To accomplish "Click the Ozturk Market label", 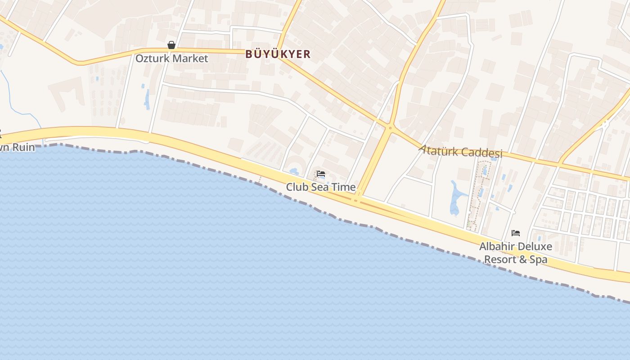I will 172,58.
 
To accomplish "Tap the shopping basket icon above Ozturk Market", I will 171,45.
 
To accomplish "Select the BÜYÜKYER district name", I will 278,54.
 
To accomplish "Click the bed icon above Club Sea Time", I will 321,174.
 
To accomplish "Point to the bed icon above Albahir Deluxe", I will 516,233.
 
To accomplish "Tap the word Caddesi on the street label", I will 482,153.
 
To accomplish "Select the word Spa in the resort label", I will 539,260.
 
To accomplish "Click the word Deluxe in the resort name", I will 535,247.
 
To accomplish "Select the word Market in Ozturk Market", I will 191,58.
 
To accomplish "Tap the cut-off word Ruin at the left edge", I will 23,147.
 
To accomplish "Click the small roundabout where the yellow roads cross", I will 390,128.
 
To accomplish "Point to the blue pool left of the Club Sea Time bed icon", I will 294,171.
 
